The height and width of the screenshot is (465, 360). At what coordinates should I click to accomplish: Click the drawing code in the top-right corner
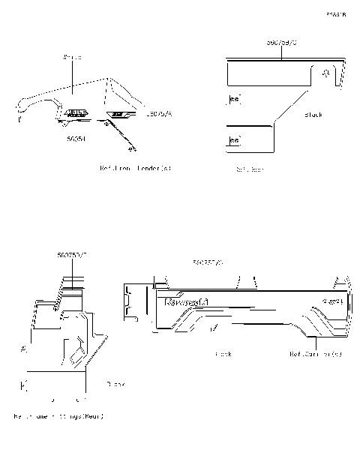pyautogui.click(x=336, y=14)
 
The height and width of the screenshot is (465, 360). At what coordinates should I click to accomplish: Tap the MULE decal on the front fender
pyautogui.click(x=75, y=112)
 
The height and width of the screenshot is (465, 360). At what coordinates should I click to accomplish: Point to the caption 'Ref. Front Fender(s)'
pyautogui.click(x=135, y=168)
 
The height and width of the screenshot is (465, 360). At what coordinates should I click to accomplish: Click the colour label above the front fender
pyautogui.click(x=72, y=57)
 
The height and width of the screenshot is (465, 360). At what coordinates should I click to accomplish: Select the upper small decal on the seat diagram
pyautogui.click(x=234, y=99)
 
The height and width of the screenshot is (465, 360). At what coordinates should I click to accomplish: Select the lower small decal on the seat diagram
pyautogui.click(x=234, y=140)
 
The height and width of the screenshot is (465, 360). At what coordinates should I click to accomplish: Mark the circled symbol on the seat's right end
pyautogui.click(x=325, y=74)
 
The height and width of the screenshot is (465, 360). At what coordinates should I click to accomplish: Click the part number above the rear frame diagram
pyautogui.click(x=72, y=256)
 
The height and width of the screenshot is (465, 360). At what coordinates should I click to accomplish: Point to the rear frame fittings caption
pyautogui.click(x=58, y=415)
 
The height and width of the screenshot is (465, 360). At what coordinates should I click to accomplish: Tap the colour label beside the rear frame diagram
pyautogui.click(x=115, y=383)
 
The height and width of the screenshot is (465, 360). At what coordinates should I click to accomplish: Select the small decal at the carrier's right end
pyautogui.click(x=332, y=301)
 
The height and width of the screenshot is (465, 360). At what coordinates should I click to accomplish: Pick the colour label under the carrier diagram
pyautogui.click(x=223, y=353)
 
